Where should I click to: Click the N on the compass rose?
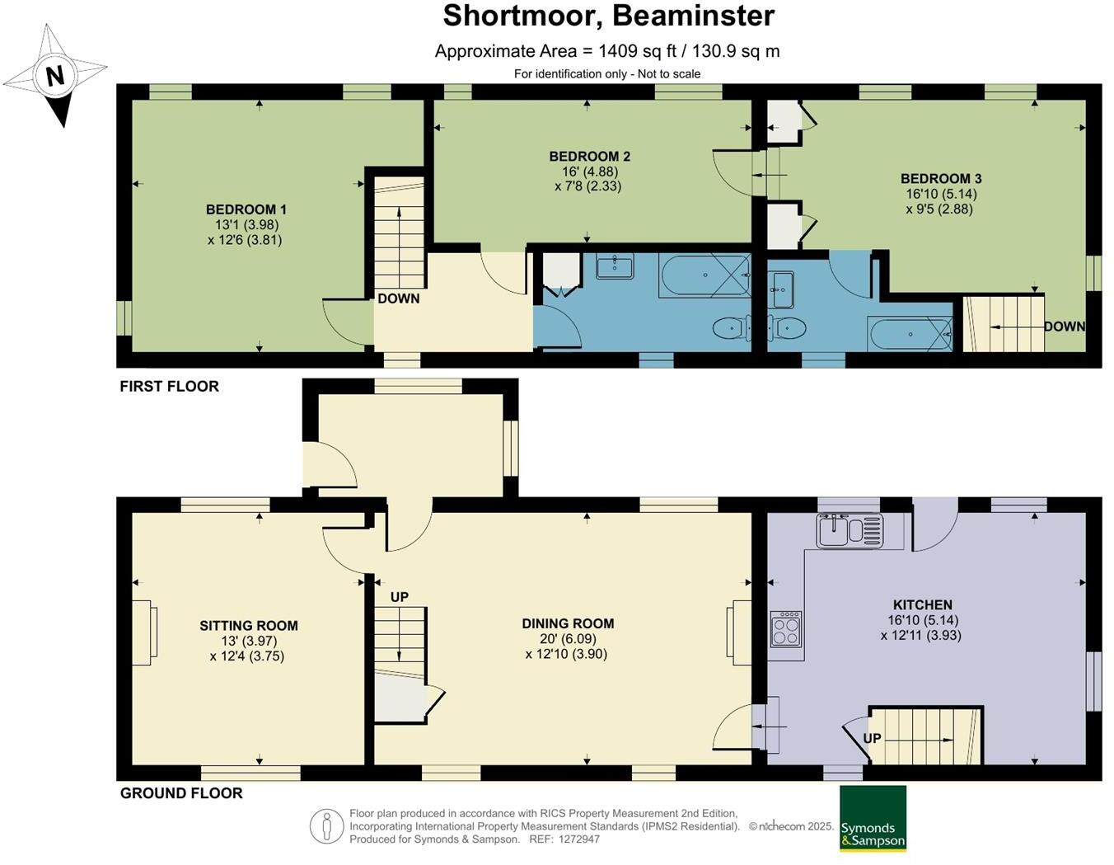pyautogui.click(x=55, y=76)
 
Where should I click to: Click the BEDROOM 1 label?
pyautogui.click(x=246, y=209)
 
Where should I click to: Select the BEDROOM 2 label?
pyautogui.click(x=590, y=157)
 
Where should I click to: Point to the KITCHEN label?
pyautogui.click(x=923, y=605)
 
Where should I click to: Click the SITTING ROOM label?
pyautogui.click(x=249, y=626)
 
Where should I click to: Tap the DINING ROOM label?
pyautogui.click(x=568, y=624)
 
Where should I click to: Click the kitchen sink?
pyautogui.click(x=850, y=530)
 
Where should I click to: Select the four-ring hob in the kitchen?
pyautogui.click(x=786, y=628)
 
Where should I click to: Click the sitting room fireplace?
pyautogui.click(x=144, y=632)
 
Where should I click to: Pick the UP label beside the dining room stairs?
pyautogui.click(x=400, y=597)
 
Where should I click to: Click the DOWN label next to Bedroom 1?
pyautogui.click(x=398, y=299)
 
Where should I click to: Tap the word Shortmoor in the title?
pyautogui.click(x=520, y=16)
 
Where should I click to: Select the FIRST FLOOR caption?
pyautogui.click(x=169, y=387)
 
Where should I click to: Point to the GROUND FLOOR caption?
pyautogui.click(x=181, y=793)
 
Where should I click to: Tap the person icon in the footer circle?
pyautogui.click(x=326, y=826)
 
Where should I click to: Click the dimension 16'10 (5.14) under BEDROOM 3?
pyautogui.click(x=941, y=194)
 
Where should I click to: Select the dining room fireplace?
pyautogui.click(x=739, y=632)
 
